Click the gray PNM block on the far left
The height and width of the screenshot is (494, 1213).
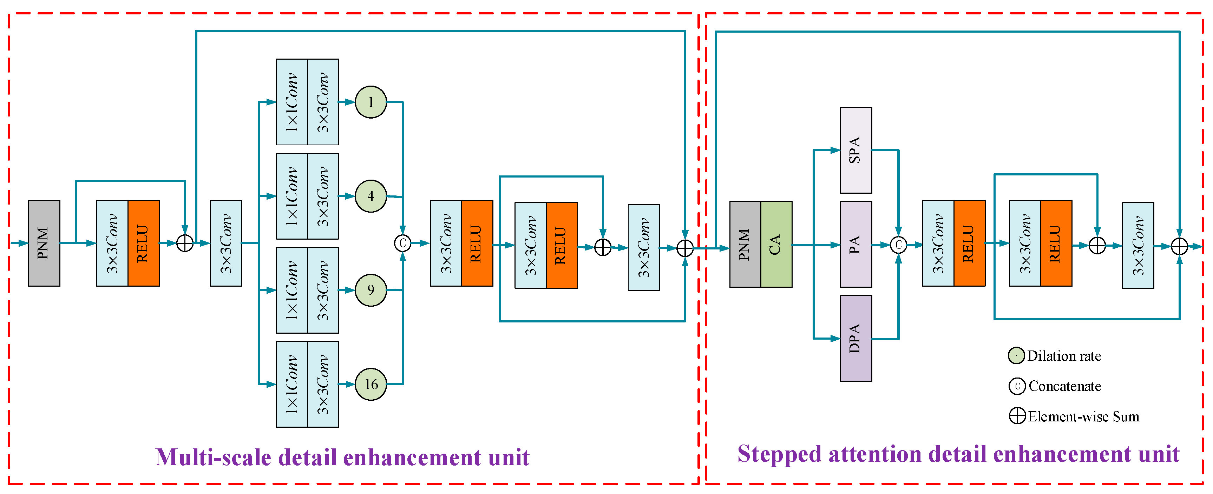pos(44,243)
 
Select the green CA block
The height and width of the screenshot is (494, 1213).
pos(776,244)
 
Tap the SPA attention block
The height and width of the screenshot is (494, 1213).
pos(855,150)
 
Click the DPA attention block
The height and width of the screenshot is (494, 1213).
pos(855,338)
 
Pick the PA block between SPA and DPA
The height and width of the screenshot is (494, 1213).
pos(855,244)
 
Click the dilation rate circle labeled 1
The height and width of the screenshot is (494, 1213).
pos(371,102)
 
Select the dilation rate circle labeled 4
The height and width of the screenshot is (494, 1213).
pos(371,196)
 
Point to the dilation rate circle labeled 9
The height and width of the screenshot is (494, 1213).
pos(371,290)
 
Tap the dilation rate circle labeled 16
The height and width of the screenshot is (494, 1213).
pos(371,385)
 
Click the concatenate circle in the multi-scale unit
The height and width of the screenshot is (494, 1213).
pos(402,243)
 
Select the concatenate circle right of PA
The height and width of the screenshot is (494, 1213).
pos(898,245)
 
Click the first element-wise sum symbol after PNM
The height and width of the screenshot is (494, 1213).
pos(185,243)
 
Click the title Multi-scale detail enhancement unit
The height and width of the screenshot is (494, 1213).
pos(342,457)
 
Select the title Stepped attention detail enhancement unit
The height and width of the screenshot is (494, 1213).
pos(958,454)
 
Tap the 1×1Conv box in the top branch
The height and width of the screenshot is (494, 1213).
pos(291,102)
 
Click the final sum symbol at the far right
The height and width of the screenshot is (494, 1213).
pos(1179,246)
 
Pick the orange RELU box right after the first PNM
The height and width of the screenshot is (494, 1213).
pos(144,243)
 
